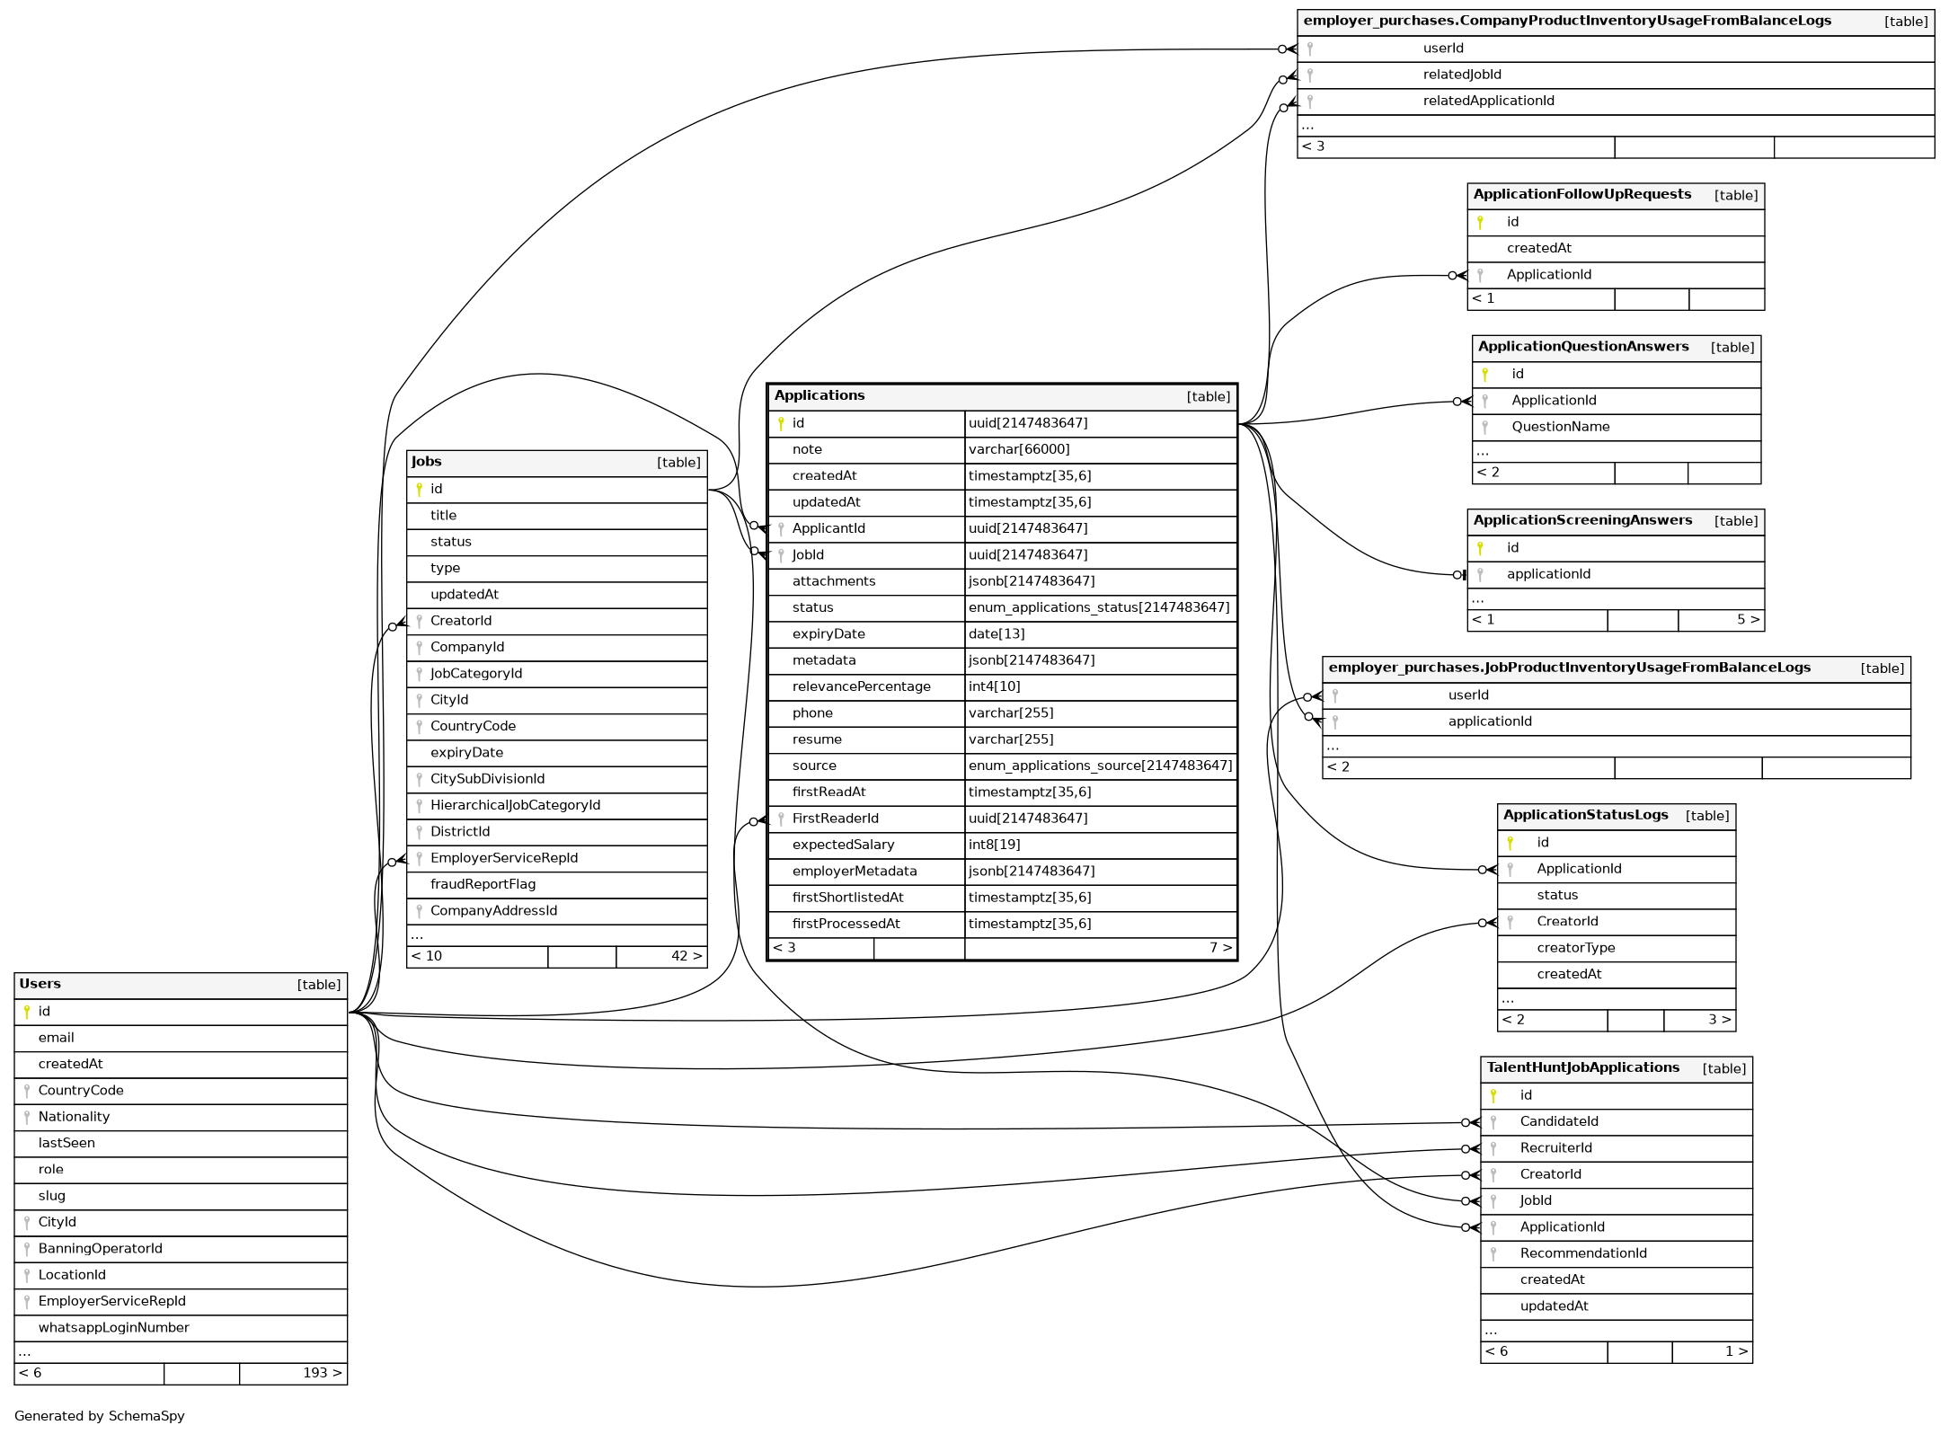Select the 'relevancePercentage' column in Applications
(x=861, y=686)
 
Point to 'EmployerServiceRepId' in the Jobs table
(x=503, y=858)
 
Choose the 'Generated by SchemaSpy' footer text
(x=99, y=1416)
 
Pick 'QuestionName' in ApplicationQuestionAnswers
(x=1560, y=427)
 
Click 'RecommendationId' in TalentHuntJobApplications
(x=1583, y=1253)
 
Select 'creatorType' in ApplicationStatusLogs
(x=1575, y=948)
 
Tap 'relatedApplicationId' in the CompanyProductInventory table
(x=1488, y=101)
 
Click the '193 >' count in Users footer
(x=322, y=1373)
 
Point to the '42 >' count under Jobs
(x=686, y=956)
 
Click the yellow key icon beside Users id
(x=27, y=1012)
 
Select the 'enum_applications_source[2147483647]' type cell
(x=1100, y=766)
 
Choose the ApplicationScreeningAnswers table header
(x=1582, y=520)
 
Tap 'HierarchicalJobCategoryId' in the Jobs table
(x=515, y=805)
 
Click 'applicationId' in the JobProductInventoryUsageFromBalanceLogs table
(x=1490, y=721)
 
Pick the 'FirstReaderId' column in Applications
(x=835, y=819)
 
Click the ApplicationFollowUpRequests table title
(x=1581, y=195)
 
